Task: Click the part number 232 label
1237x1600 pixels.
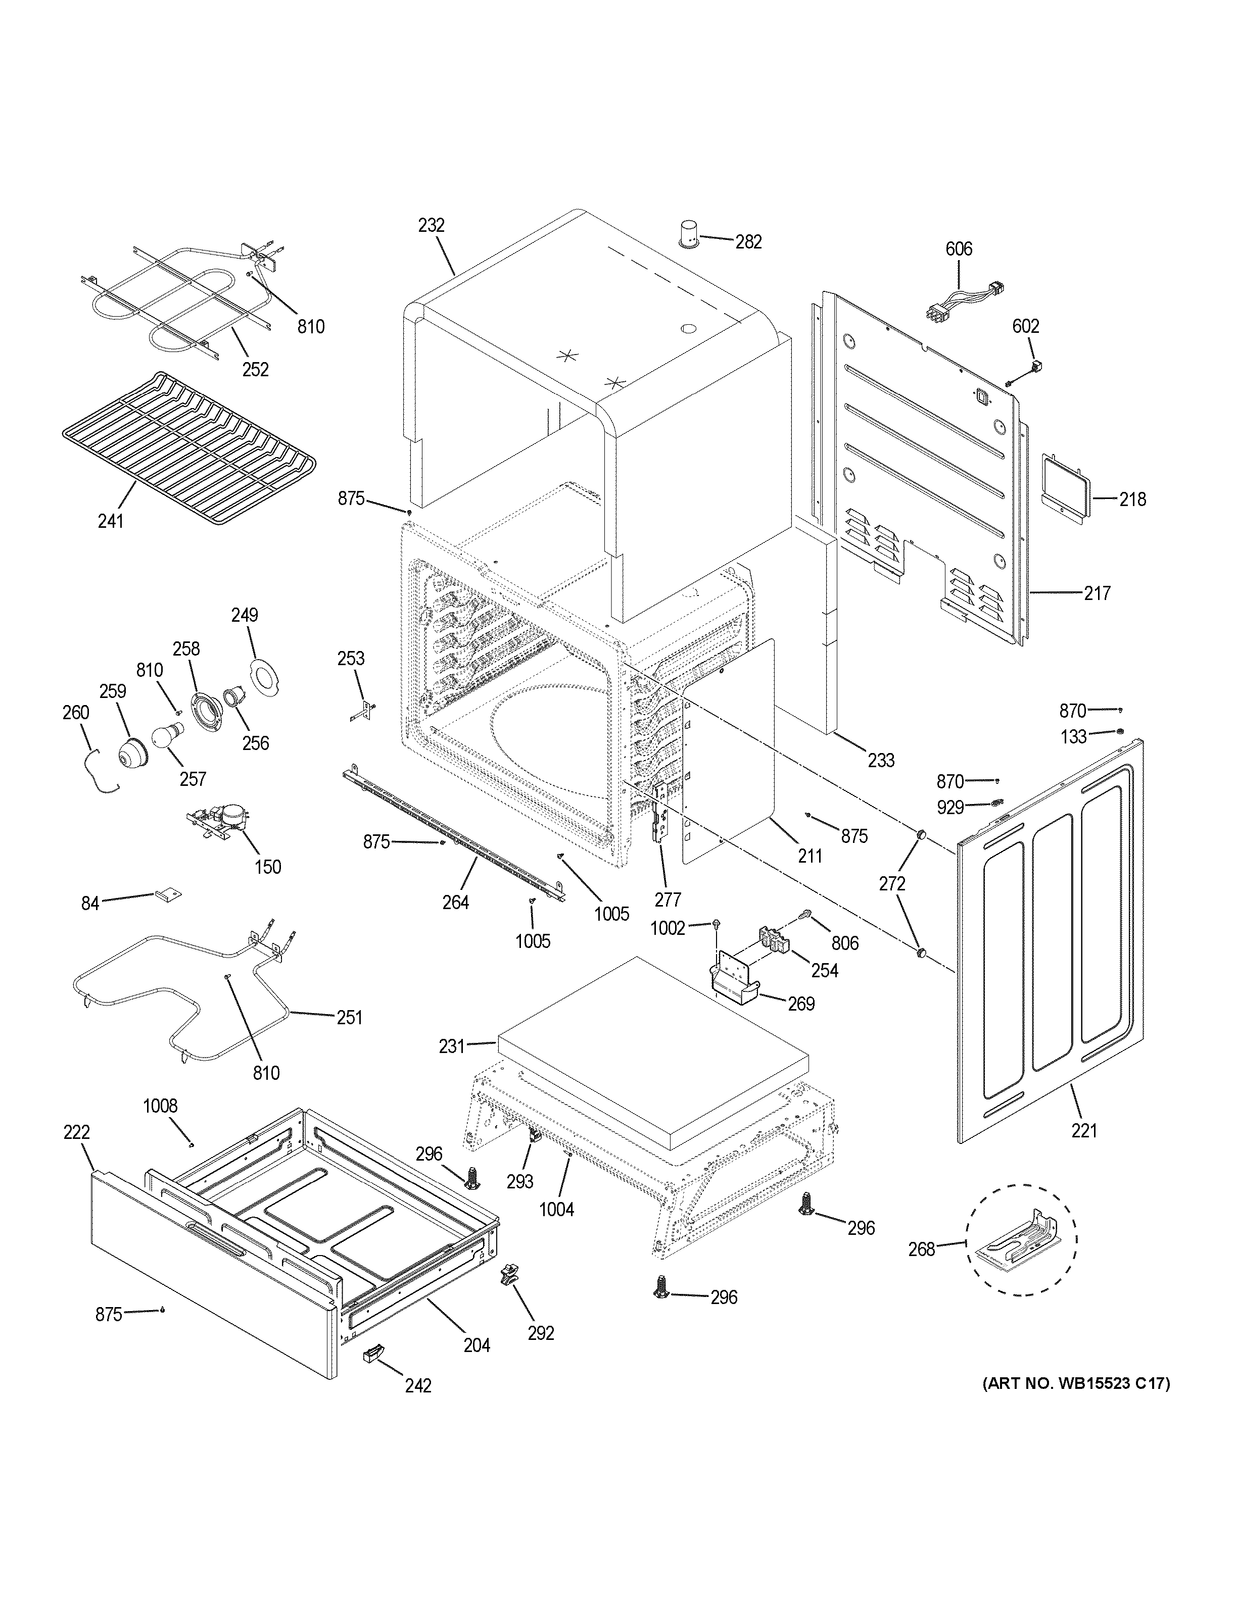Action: (431, 226)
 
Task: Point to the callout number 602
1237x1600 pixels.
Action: (1025, 326)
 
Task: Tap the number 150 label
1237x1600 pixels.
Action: (267, 867)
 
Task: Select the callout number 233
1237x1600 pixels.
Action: (881, 761)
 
